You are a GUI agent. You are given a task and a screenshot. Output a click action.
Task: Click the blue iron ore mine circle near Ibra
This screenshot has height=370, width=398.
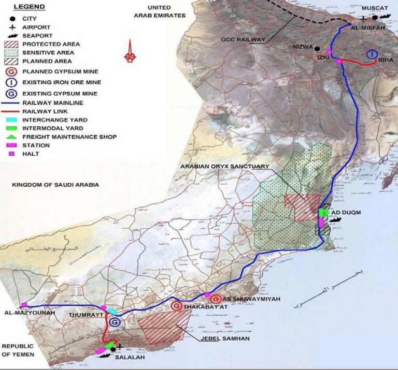click(372, 54)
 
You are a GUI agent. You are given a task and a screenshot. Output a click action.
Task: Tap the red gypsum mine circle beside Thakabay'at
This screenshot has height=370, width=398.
click(177, 307)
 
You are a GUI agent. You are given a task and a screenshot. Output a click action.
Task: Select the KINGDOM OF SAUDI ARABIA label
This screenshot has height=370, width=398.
click(55, 184)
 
